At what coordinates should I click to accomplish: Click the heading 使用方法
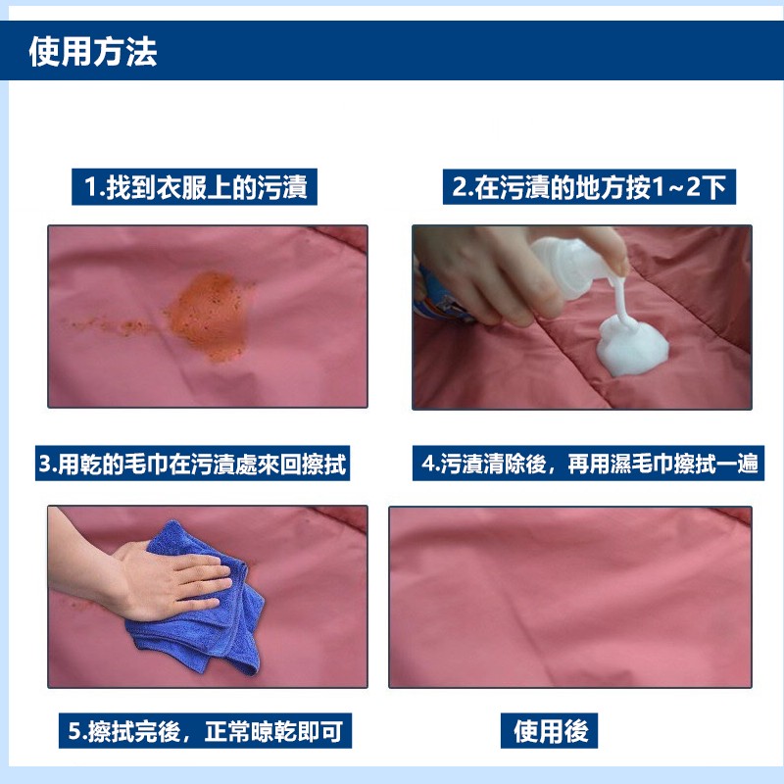(x=93, y=52)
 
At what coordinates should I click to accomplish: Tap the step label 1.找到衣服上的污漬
(x=194, y=187)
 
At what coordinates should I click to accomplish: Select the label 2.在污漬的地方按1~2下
(x=589, y=187)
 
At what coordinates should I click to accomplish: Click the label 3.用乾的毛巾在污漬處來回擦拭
(x=192, y=464)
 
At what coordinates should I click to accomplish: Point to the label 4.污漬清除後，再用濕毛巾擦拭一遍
(x=589, y=464)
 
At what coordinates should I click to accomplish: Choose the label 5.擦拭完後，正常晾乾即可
(x=205, y=731)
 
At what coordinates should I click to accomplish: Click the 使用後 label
(x=550, y=731)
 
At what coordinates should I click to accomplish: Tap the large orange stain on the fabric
(x=210, y=315)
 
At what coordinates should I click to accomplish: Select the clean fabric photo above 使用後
(x=570, y=597)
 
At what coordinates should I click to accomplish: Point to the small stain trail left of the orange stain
(x=108, y=326)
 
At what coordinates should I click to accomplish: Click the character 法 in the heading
(x=141, y=52)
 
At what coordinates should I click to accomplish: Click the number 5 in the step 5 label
(x=74, y=731)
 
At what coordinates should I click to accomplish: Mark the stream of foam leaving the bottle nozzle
(x=621, y=300)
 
